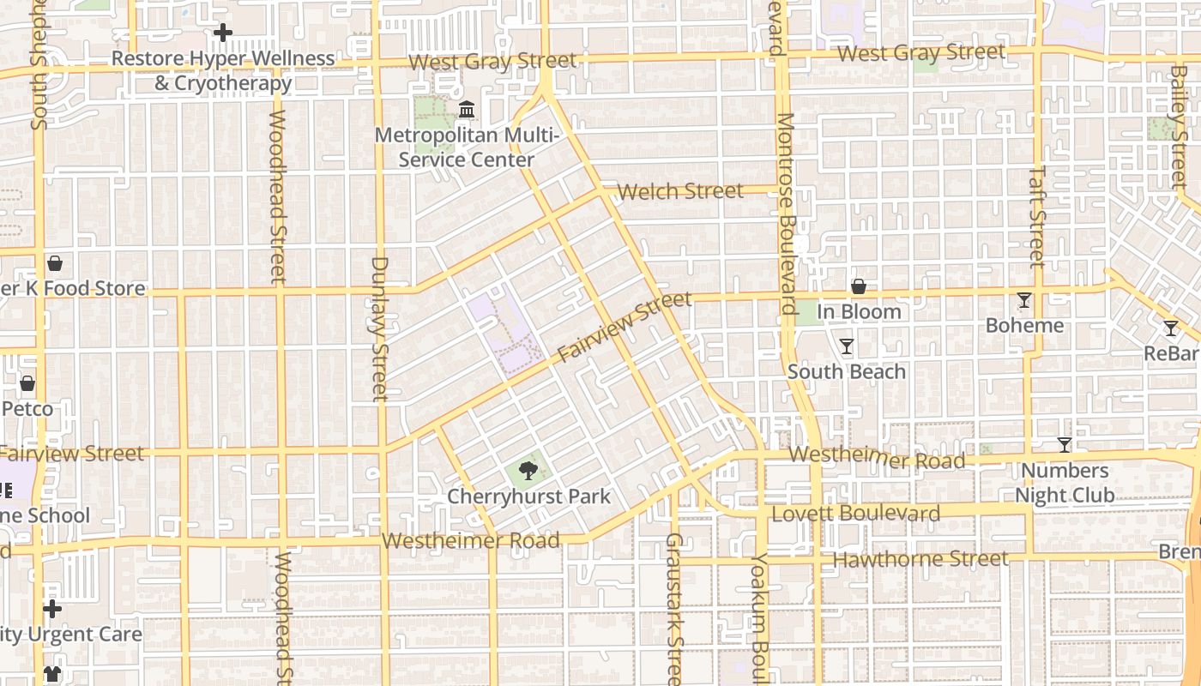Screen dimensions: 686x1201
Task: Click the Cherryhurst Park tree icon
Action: click(528, 470)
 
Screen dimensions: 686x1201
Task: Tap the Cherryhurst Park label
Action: click(528, 496)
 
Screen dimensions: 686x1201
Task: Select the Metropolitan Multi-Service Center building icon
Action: click(468, 110)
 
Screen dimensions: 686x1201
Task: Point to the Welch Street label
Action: click(680, 191)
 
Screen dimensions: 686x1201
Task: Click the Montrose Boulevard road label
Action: click(788, 214)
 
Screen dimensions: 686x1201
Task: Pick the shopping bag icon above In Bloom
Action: click(858, 286)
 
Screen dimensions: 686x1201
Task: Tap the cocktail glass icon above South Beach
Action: click(847, 346)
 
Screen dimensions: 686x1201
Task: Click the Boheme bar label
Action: click(1024, 326)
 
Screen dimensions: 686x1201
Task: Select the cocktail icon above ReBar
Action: click(1171, 328)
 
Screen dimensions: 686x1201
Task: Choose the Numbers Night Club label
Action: click(1065, 483)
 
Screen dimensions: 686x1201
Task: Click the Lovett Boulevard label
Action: click(856, 514)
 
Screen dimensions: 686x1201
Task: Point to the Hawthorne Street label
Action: click(920, 559)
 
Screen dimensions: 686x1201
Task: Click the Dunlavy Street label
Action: click(379, 328)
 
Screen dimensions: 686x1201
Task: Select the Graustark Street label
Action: click(675, 609)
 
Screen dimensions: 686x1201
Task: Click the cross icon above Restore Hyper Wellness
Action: click(223, 33)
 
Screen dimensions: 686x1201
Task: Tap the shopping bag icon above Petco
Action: click(27, 383)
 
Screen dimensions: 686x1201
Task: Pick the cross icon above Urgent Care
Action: click(52, 609)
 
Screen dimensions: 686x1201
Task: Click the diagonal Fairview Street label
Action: click(625, 326)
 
